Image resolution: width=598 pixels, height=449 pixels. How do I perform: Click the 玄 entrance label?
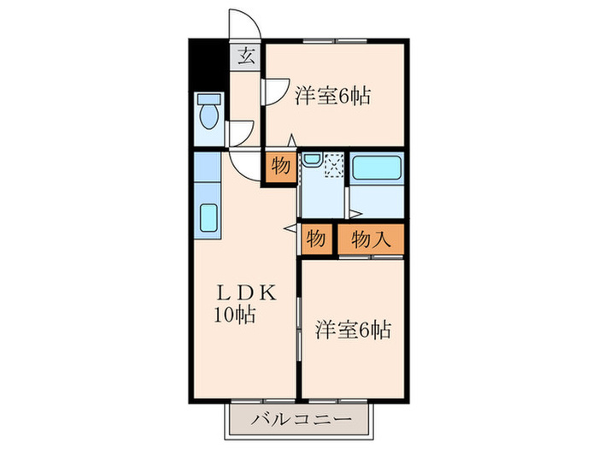(246, 59)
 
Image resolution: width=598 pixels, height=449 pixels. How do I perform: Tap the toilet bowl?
(209, 112)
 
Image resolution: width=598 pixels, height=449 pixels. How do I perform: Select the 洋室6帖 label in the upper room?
(333, 96)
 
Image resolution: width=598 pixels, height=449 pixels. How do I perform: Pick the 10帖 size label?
(234, 314)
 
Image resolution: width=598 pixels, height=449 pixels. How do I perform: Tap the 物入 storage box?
(371, 239)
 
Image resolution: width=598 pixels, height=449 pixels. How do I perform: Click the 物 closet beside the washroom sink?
(280, 167)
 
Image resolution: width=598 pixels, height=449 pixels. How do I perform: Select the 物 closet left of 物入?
(315, 239)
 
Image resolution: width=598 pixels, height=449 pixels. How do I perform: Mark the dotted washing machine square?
(334, 163)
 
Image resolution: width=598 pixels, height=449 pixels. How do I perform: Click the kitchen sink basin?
(209, 217)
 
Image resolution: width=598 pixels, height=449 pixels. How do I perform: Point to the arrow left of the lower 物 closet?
(289, 227)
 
